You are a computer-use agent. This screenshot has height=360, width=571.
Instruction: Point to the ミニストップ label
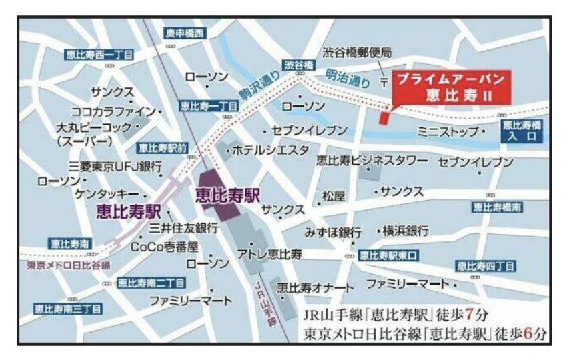[x=448, y=132]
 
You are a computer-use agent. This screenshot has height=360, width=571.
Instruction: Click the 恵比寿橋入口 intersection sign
[x=522, y=131]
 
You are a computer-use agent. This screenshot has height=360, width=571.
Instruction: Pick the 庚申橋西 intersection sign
[x=186, y=33]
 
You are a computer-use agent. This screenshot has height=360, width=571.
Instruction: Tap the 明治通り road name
[x=347, y=79]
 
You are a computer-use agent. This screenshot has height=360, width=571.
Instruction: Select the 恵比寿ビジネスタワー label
[x=372, y=160]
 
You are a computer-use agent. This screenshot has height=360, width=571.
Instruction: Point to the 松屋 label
[x=334, y=196]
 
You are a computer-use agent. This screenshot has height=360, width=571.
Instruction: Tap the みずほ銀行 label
[x=332, y=233]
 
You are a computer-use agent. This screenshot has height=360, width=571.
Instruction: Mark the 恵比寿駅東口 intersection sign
[x=388, y=255]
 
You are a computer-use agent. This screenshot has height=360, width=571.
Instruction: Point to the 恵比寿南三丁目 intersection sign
[x=67, y=309]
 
